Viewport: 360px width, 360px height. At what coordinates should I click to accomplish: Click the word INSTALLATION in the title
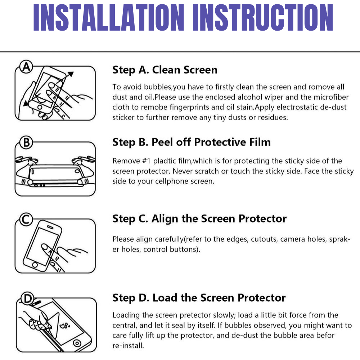point(109,17)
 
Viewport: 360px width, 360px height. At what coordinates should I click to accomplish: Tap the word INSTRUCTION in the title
point(263,17)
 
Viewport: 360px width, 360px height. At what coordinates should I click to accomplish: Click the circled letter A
point(26,67)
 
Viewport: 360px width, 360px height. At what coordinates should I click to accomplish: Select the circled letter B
point(26,142)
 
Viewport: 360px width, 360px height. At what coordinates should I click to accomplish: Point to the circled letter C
point(26,220)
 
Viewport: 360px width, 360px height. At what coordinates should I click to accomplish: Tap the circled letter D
point(28,299)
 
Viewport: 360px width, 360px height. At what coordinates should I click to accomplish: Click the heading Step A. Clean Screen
point(165,70)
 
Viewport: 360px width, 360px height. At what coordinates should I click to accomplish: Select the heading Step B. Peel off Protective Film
point(192,142)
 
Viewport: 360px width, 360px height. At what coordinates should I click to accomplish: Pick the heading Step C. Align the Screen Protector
point(199,219)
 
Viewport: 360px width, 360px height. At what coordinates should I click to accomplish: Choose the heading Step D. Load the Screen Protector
point(199,298)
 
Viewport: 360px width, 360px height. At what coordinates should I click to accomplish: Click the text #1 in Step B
point(146,161)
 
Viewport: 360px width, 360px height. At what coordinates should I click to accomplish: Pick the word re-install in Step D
point(127,346)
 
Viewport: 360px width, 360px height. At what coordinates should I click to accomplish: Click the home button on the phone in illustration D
point(77,343)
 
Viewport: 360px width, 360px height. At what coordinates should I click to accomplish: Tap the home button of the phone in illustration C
point(35,265)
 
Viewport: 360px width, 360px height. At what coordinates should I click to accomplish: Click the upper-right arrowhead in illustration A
point(71,74)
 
